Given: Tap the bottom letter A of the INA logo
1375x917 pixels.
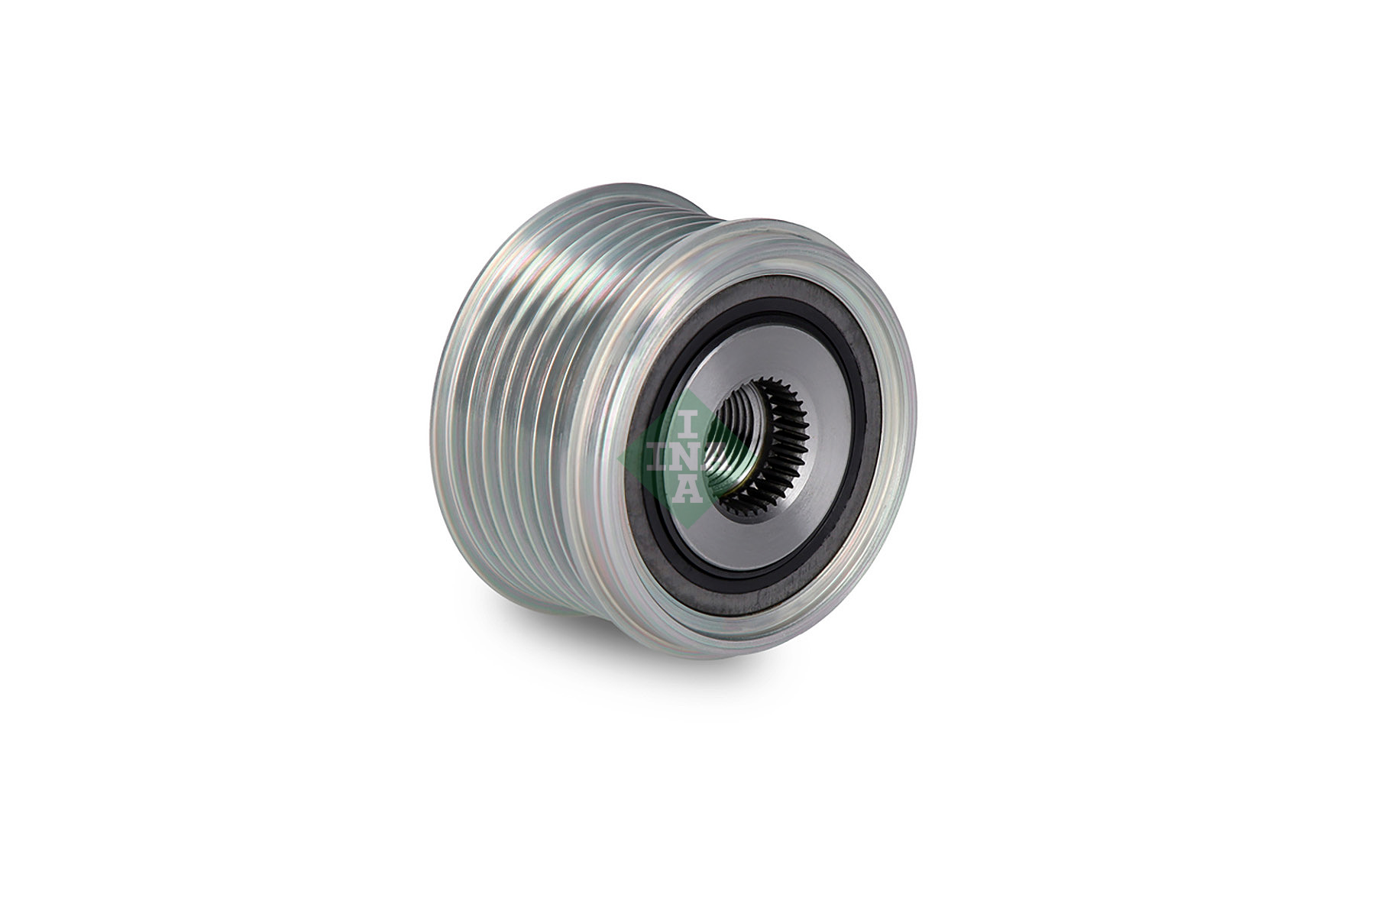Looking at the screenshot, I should point(686,488).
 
